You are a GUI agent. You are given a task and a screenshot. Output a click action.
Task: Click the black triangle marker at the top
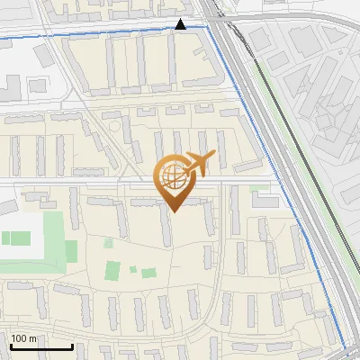(x=181, y=24)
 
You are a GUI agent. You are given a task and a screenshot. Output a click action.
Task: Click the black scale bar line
(x=41, y=347)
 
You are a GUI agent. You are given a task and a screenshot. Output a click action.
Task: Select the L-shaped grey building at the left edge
(x=8, y=88)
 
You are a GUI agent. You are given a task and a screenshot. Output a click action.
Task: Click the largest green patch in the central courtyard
(x=113, y=270)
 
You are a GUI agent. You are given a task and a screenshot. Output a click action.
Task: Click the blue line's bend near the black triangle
(x=209, y=27)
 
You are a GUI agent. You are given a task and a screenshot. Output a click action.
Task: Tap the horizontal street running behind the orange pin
(x=90, y=183)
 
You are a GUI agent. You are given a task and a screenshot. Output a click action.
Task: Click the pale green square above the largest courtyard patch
(x=109, y=242)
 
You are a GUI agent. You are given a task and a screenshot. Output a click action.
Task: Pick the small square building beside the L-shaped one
(x=37, y=85)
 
